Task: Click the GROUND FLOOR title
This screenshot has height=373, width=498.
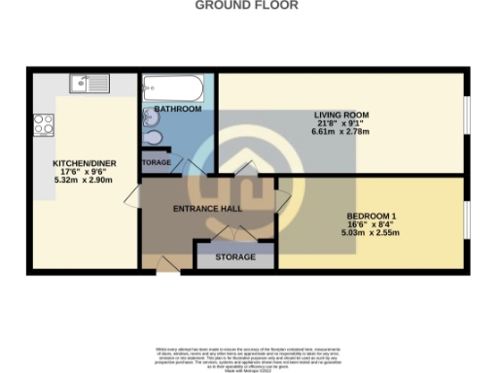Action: tap(247, 5)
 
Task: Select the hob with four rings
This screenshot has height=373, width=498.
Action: tap(43, 124)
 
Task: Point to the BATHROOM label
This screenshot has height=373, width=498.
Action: tap(178, 109)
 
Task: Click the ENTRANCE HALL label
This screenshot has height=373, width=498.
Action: tap(207, 209)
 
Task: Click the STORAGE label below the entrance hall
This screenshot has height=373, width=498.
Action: tap(235, 257)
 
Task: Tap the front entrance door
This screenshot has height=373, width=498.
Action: tap(161, 263)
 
